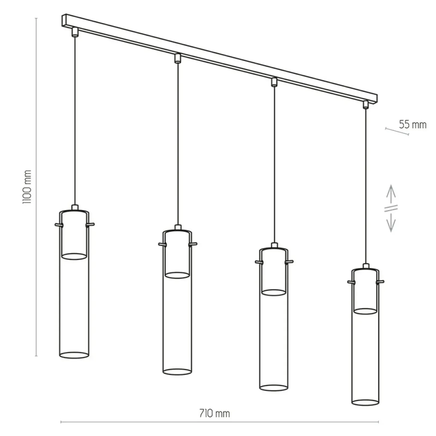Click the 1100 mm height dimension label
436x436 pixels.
click(27, 187)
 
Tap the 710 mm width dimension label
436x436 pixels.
click(214, 413)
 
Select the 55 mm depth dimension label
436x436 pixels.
click(413, 125)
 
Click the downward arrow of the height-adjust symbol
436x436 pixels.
click(391, 222)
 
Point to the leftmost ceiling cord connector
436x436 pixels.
click(75, 32)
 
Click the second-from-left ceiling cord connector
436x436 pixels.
click(178, 58)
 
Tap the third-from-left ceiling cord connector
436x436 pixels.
click(274, 82)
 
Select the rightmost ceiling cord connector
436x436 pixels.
click(366, 104)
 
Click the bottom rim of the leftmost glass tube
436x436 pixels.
click(74, 355)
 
